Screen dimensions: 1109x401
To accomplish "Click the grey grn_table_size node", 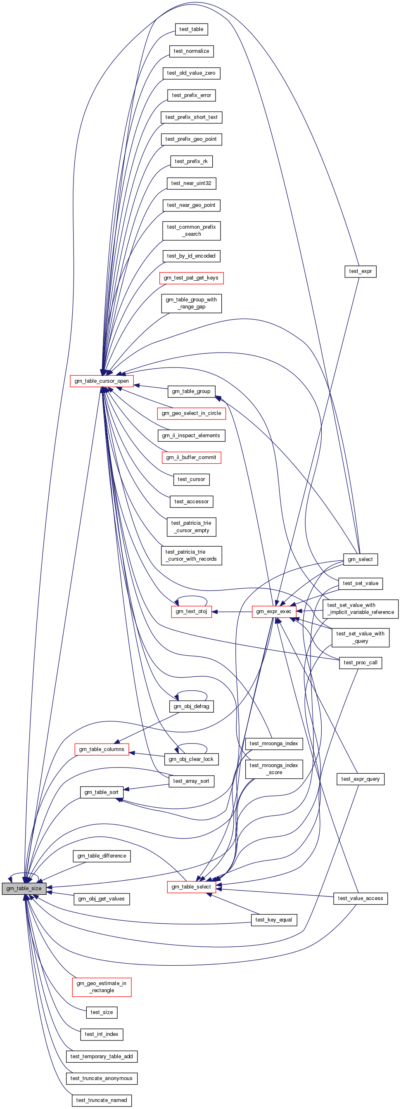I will click(x=24, y=888).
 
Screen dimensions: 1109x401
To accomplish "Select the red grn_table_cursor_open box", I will click(x=102, y=381).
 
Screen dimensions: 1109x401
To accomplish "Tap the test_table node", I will click(x=191, y=29).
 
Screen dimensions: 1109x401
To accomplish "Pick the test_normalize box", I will click(x=191, y=51).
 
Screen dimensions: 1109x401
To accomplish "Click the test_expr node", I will click(x=360, y=271).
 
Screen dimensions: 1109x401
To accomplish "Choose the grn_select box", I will click(x=360, y=559).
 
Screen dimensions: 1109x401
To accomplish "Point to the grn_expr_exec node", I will click(x=273, y=611).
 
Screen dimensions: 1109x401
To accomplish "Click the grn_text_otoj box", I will click(x=191, y=611).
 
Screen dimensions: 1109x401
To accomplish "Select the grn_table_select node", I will click(x=191, y=886).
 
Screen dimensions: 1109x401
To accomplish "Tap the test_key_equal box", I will click(x=273, y=919).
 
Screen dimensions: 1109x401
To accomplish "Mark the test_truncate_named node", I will click(x=102, y=1100).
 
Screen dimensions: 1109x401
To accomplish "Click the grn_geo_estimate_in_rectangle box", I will click(x=102, y=987).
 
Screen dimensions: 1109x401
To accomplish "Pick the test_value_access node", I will click(x=360, y=898).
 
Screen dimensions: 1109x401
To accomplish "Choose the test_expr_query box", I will click(x=360, y=779).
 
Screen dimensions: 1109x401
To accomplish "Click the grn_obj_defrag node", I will click(x=191, y=706).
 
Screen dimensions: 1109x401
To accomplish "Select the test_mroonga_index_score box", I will click(x=273, y=768).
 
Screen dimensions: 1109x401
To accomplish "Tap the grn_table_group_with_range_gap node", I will click(x=191, y=303).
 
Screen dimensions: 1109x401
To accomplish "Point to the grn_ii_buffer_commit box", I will click(x=191, y=457).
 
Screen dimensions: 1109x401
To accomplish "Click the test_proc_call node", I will click(x=360, y=663).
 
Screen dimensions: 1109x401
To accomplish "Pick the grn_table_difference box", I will click(x=102, y=856).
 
